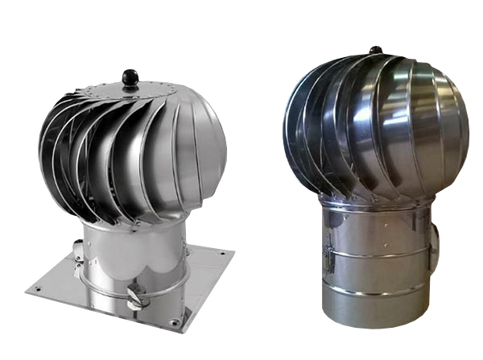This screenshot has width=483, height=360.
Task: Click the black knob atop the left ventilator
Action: pos(130,77)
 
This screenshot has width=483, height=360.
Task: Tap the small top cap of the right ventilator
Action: pos(375,50)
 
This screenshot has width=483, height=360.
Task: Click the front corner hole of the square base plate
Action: pos(172,323)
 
